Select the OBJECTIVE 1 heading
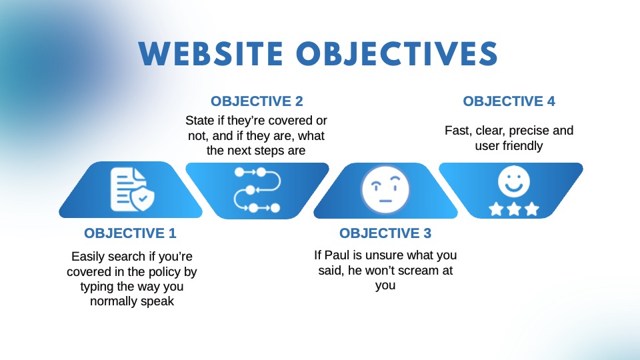(130, 233)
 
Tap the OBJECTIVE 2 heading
(257, 101)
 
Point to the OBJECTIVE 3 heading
(385, 233)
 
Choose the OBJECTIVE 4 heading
(509, 101)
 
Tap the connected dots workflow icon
(256, 190)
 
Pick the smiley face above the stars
(513, 181)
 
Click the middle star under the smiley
(513, 209)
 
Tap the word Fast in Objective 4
(457, 131)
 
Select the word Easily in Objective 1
(89, 257)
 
